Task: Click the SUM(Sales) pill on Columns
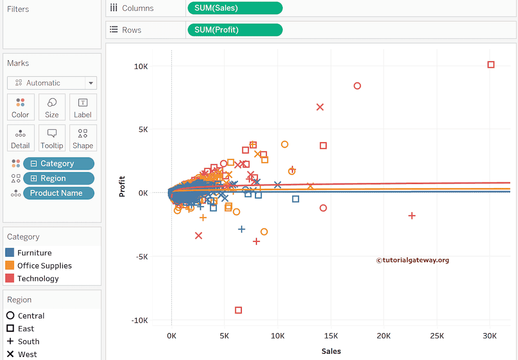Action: pos(235,8)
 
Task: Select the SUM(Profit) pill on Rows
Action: pos(235,30)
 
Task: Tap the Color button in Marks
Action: pos(20,107)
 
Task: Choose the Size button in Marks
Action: pos(52,107)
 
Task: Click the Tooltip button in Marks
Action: pos(52,138)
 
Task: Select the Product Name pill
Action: pos(58,193)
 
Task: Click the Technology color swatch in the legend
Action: pos(10,278)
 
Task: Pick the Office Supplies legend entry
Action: pos(45,265)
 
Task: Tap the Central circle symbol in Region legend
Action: pos(10,315)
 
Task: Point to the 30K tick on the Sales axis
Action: pos(490,336)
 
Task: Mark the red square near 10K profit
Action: pos(491,65)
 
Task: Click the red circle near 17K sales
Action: pos(357,86)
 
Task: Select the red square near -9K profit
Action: pos(238,310)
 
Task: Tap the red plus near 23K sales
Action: pos(412,216)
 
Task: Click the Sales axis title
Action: pos(331,351)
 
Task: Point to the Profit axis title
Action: pos(122,186)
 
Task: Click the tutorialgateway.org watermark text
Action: pos(412,260)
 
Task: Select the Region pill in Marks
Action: pos(58,178)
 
